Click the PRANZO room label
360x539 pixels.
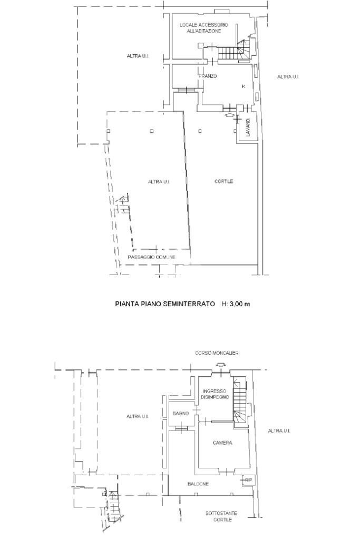(208, 76)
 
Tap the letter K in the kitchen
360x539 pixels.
(243, 86)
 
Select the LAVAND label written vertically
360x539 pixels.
(247, 128)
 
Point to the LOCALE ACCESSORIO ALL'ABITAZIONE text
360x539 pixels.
(203, 28)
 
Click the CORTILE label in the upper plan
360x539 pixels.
(223, 182)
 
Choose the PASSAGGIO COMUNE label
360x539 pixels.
(151, 257)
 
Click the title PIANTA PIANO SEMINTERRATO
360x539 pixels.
(165, 304)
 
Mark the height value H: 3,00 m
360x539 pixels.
(235, 304)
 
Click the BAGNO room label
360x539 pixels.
(180, 414)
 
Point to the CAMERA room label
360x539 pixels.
(222, 443)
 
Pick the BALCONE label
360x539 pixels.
(198, 484)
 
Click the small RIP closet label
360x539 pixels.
(248, 480)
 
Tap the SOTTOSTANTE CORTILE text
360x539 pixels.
(222, 516)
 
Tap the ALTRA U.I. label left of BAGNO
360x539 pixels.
(136, 417)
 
